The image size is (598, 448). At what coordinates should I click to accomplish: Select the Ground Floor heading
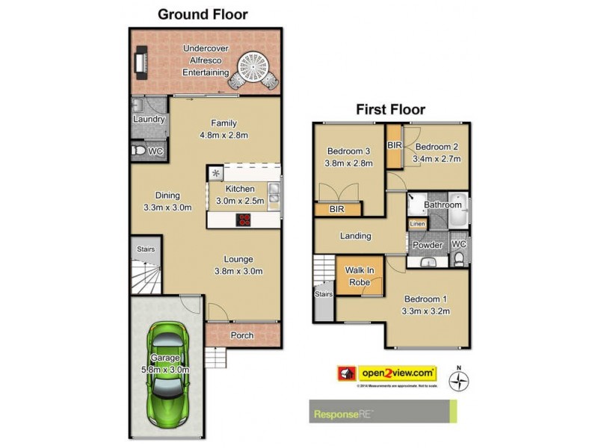(x=202, y=14)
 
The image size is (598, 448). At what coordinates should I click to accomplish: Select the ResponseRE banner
(x=383, y=411)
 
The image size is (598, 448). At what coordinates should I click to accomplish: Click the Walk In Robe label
(x=360, y=277)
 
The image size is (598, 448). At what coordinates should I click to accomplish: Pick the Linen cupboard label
(x=417, y=224)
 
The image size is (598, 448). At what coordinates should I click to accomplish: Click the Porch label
(x=241, y=335)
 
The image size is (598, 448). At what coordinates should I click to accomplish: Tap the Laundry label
(x=149, y=119)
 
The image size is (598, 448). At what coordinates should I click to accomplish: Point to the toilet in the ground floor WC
(x=138, y=152)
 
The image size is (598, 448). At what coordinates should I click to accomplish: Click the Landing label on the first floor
(x=355, y=236)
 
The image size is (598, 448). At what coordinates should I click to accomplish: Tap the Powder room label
(x=428, y=245)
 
